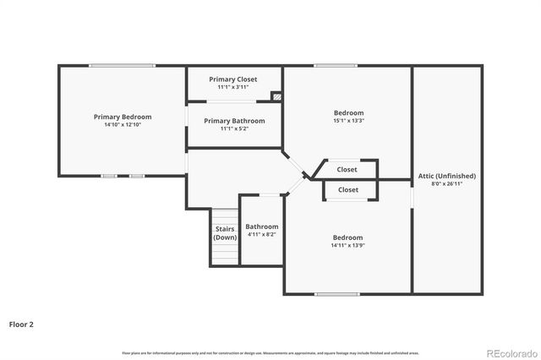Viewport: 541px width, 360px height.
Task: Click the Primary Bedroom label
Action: point(123,117)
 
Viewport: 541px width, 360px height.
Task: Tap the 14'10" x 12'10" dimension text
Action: point(123,125)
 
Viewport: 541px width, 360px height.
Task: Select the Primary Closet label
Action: point(234,79)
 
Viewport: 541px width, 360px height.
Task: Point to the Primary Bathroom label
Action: point(234,121)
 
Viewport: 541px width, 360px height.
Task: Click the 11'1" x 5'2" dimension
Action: point(234,129)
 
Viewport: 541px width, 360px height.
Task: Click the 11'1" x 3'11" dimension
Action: point(234,87)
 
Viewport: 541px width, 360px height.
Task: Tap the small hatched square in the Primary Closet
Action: point(276,97)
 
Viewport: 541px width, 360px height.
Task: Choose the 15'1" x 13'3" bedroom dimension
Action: point(348,121)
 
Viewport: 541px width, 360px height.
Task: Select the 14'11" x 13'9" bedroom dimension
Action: point(347,246)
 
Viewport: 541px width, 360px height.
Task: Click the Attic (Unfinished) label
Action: point(447,176)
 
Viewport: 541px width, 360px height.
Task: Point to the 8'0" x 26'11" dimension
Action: point(447,183)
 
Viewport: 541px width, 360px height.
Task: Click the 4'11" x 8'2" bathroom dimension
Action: point(262,235)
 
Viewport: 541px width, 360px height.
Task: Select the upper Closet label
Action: point(347,169)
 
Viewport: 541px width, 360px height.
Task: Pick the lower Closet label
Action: point(348,190)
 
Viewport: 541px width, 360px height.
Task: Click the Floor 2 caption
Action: point(21,324)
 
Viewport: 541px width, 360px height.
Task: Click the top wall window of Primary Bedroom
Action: point(123,66)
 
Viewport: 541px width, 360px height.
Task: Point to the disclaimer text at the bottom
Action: point(270,352)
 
